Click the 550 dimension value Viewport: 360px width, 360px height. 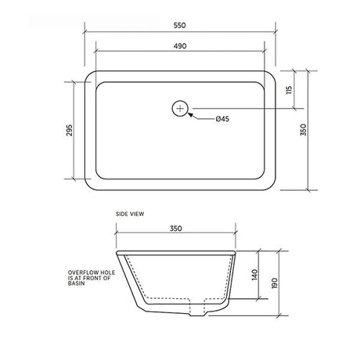coord(180,25)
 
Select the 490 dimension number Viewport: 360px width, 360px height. coord(180,46)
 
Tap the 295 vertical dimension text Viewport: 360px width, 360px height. coord(70,130)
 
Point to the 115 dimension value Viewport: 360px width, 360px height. coord(289,90)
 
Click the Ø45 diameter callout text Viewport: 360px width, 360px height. coord(222,119)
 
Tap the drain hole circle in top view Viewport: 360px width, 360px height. coord(180,108)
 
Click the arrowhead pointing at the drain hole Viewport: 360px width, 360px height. coord(191,115)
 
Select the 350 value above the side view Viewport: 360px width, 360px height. coord(176,229)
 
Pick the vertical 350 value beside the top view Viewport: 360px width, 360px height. coord(304,130)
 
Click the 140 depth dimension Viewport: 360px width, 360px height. coord(255,275)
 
